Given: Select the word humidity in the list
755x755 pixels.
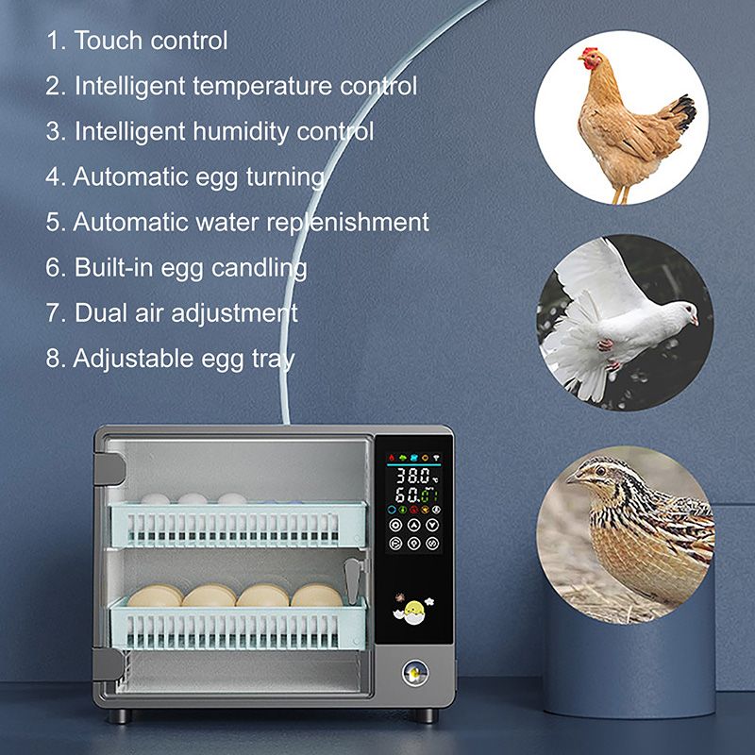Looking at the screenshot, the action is [240, 131].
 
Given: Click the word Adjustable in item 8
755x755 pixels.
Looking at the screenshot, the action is [133, 360].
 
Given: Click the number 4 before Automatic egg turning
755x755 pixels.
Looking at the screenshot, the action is [54, 176].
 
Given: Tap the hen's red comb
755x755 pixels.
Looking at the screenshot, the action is [589, 52].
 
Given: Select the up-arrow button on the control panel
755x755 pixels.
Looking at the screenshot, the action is [414, 525].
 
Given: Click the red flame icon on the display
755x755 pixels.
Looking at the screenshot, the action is [392, 457].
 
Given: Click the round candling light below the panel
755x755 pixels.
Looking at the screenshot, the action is [415, 672].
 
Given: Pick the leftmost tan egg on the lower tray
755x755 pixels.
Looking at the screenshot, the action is [155, 596].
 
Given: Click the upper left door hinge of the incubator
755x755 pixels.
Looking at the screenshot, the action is [109, 468].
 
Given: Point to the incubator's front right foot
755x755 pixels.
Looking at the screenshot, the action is [427, 715].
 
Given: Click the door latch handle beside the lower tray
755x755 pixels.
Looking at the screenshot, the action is [352, 581].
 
